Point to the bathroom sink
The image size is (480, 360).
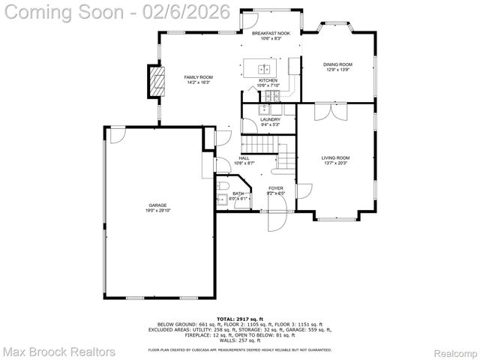pyautogui.click(x=221, y=199)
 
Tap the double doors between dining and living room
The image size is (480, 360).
pyautogui.click(x=330, y=111)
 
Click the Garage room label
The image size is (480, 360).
pyautogui.click(x=157, y=205)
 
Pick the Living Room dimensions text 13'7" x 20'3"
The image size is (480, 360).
pyautogui.click(x=335, y=163)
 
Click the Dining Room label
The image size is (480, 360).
pyautogui.click(x=337, y=64)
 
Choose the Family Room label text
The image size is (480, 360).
pyautogui.click(x=199, y=77)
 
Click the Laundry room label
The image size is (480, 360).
pyautogui.click(x=270, y=119)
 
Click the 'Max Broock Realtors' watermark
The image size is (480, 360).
pyautogui.click(x=59, y=351)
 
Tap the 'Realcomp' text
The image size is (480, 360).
pyautogui.click(x=454, y=352)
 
